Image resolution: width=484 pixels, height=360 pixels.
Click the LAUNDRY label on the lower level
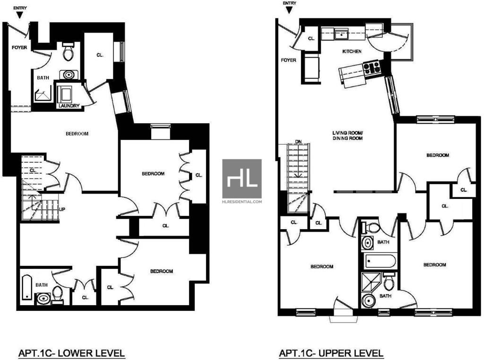69,105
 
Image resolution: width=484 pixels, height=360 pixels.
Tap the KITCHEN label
352,51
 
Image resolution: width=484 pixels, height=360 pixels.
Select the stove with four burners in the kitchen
372,69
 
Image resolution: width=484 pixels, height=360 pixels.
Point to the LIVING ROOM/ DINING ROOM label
347,136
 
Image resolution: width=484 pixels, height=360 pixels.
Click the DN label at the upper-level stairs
298,142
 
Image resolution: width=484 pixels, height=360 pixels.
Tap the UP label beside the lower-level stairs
62,209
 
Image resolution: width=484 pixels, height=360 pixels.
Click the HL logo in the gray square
242,179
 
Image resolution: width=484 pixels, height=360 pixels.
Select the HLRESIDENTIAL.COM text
242,202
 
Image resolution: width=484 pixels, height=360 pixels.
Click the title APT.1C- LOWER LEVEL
72,353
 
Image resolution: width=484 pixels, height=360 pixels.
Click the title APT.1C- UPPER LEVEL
331,353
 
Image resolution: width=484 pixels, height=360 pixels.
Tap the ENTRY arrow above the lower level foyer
20,15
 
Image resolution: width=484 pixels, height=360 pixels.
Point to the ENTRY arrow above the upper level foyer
289,10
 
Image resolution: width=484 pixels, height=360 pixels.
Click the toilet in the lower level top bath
68,51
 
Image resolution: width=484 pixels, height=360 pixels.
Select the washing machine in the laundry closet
64,94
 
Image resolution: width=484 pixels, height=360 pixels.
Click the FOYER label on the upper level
289,60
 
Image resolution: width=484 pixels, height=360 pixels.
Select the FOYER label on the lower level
19,48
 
